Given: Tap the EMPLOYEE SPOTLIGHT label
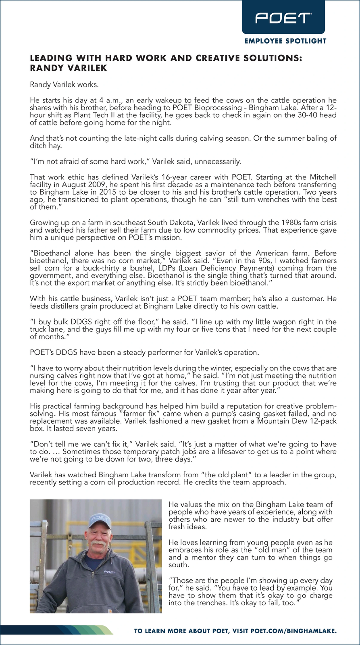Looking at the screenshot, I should pos(285,41).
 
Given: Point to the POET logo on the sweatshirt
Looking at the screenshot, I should pos(110,572).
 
